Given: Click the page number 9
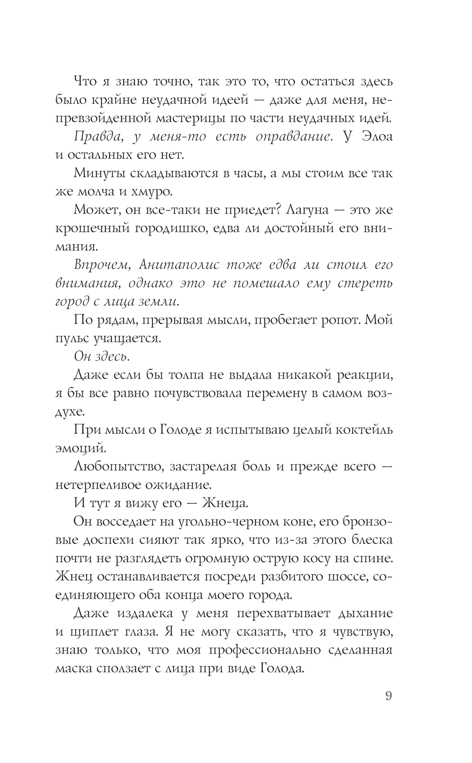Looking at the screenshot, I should point(388,696).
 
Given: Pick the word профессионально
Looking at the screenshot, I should point(269,650).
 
